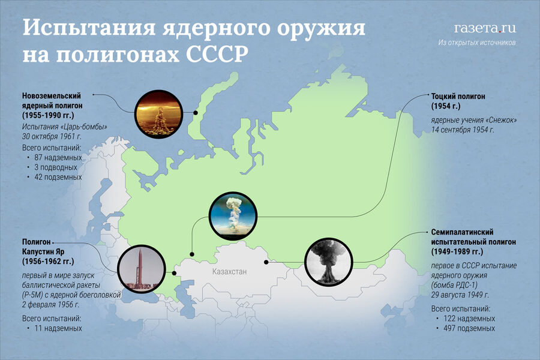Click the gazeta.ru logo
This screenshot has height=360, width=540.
485,28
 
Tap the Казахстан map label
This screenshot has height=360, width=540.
229,271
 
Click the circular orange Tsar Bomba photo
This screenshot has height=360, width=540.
158,114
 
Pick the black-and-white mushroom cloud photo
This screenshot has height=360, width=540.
329,262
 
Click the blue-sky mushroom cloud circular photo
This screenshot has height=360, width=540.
233,216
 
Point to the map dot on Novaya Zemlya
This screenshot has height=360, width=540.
195,113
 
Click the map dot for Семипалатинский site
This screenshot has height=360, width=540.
266,262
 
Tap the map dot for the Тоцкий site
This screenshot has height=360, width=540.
192,254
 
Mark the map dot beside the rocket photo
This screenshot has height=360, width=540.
174,273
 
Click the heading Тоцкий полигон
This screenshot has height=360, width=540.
458,97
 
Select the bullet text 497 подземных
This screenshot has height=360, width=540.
469,328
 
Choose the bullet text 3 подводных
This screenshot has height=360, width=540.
56,167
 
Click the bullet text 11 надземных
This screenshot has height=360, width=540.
58,328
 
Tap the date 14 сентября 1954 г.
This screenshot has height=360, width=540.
463,130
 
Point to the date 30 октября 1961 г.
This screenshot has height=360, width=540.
52,136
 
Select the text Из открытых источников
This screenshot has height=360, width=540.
477,43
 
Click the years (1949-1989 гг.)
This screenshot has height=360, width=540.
457,251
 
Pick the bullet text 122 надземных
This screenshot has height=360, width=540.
469,319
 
